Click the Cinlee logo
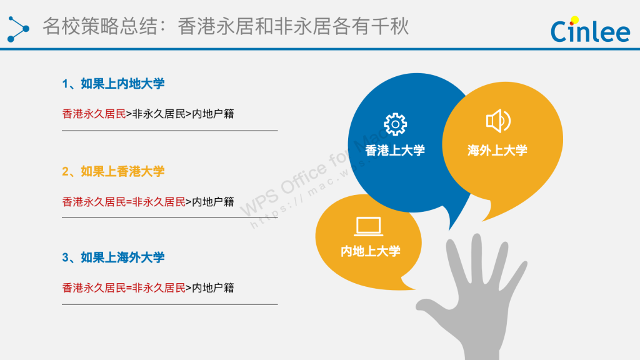point(590,29)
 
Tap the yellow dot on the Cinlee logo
point(575,19)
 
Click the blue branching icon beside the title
point(18,29)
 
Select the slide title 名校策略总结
point(100,26)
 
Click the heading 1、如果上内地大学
point(113,84)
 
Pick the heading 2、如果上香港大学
point(113,171)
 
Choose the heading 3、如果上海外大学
point(113,257)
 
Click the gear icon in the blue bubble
point(395,124)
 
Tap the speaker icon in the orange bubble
point(498,121)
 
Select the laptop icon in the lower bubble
point(369,226)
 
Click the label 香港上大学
point(395,151)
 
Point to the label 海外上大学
point(497,151)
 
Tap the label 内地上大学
point(370,251)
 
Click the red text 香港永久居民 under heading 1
point(94,114)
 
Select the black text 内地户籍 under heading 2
point(213,202)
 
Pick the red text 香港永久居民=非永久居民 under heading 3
point(124,288)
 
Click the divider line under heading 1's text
point(170,131)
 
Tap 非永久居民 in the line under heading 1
point(159,114)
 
